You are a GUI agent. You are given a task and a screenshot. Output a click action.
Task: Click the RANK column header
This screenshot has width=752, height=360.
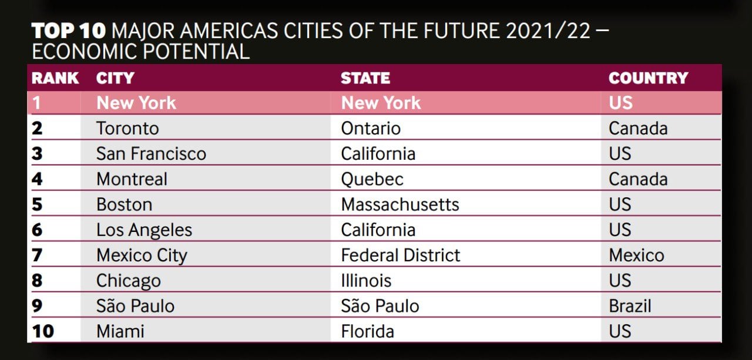(x=55, y=78)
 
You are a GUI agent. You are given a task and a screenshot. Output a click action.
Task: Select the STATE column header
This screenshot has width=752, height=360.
(x=365, y=78)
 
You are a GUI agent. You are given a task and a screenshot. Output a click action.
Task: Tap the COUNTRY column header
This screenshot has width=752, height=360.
(x=647, y=78)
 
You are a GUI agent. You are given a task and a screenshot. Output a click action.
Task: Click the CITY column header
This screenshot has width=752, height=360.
(x=115, y=78)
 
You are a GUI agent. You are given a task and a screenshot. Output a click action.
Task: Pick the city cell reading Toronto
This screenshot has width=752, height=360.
(x=127, y=128)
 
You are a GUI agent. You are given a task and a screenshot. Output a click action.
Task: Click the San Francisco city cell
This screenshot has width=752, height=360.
(x=151, y=153)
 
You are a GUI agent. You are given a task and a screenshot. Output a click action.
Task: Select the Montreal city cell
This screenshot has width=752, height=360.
(x=132, y=179)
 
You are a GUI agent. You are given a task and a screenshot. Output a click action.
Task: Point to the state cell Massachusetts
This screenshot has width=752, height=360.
(x=400, y=204)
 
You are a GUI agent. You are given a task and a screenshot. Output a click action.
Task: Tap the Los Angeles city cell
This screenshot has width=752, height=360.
(x=144, y=230)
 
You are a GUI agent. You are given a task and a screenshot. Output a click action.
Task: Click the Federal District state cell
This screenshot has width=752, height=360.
(x=401, y=255)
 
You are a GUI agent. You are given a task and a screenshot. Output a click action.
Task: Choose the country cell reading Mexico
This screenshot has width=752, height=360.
(x=636, y=255)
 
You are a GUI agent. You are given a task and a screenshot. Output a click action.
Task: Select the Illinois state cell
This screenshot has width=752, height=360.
(x=366, y=280)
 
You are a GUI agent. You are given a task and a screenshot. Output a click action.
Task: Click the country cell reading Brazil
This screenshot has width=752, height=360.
(x=630, y=305)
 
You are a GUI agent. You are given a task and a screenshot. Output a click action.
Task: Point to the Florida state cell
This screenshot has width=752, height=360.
(x=367, y=331)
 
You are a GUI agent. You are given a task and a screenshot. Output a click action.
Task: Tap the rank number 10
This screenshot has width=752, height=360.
(x=43, y=331)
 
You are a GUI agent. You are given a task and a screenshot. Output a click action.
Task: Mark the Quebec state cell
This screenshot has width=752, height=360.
(x=372, y=179)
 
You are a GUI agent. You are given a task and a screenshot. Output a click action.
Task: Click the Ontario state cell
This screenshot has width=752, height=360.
(x=371, y=128)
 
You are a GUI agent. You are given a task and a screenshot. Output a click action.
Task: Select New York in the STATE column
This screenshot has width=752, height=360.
(x=381, y=103)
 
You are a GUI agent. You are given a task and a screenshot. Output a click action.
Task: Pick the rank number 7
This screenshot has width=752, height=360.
(x=37, y=255)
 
